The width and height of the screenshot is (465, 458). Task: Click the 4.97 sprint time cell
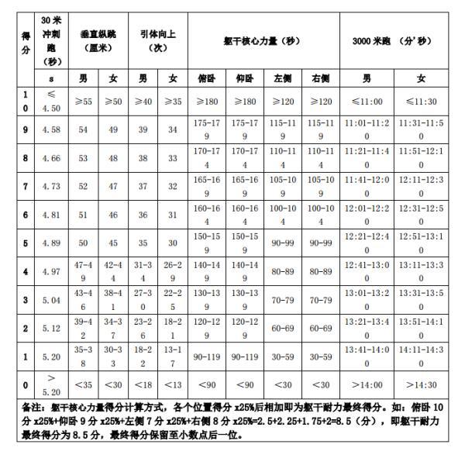50,273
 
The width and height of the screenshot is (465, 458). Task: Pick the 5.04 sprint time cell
50,301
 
